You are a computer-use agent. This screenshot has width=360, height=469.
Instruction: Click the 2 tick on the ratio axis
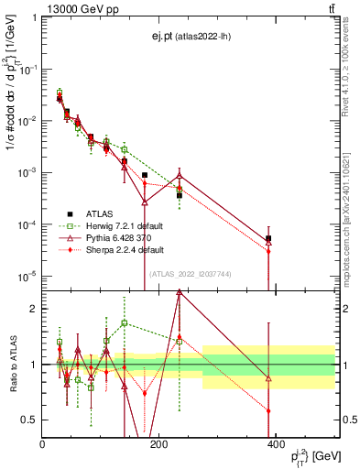pos(34,309)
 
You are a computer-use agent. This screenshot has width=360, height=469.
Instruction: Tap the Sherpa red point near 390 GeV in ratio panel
pos(268,410)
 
